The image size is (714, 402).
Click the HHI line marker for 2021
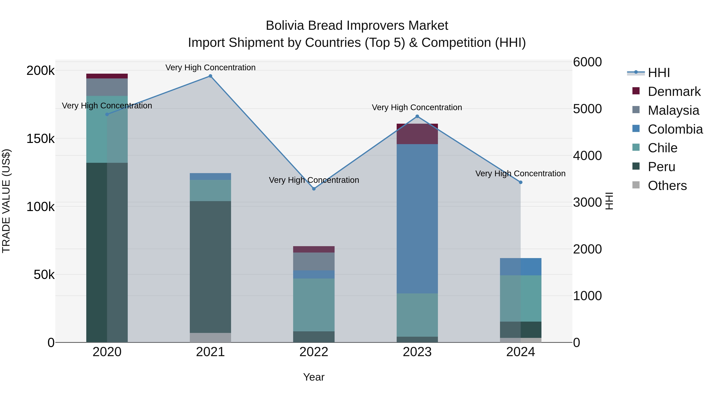[x=210, y=76]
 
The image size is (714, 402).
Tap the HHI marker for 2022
[x=314, y=189]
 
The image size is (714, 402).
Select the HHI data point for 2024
[x=521, y=182]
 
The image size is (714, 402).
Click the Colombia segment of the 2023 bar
[x=417, y=219]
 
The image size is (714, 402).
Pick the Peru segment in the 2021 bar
[x=210, y=267]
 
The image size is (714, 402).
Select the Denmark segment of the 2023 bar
[x=417, y=134]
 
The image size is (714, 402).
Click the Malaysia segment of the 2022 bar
[x=314, y=261]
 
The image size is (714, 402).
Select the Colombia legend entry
[x=675, y=129]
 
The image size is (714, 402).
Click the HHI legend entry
[x=658, y=73]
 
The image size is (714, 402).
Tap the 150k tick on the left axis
[x=40, y=138]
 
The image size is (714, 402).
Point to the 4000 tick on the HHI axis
[x=587, y=156]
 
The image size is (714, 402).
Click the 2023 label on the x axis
[x=417, y=352]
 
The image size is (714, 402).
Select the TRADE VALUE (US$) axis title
[x=6, y=201]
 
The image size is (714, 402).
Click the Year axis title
[x=314, y=377]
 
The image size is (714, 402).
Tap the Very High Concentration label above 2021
[x=210, y=67]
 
